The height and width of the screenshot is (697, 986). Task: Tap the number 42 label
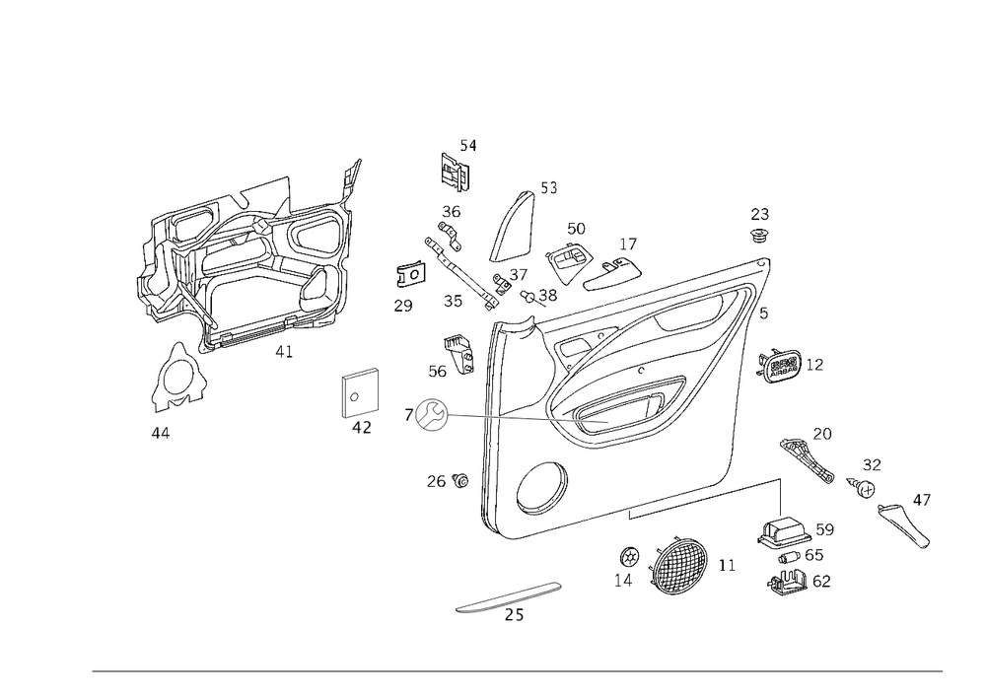tap(361, 426)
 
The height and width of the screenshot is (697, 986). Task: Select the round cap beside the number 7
tap(431, 415)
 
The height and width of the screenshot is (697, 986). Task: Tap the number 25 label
tap(514, 617)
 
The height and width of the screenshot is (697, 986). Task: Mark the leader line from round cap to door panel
tap(523, 419)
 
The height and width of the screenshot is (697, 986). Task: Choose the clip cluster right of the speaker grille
tap(793, 557)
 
